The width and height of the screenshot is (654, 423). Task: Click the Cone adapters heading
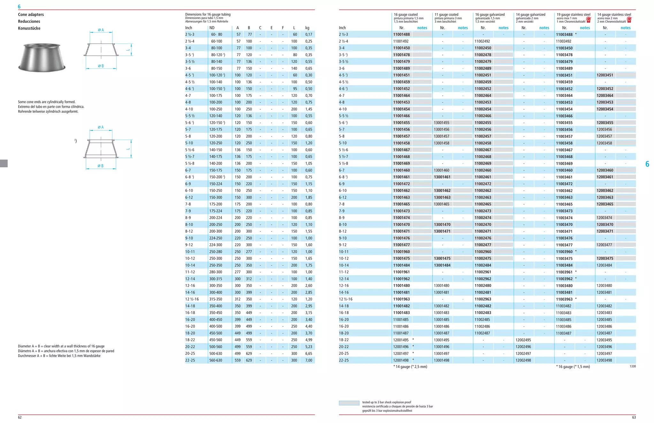tap(31, 14)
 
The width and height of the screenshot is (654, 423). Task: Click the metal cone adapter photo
tap(42, 58)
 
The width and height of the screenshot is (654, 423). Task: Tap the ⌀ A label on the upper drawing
tap(101, 30)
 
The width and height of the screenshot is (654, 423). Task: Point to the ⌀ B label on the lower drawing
tap(101, 166)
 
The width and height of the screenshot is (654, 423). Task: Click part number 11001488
tap(401, 35)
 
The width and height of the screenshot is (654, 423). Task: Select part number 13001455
tap(442, 123)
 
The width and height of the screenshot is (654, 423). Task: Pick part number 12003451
tap(605, 75)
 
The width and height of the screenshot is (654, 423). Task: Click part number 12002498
tap(523, 360)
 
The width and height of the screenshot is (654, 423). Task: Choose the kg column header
tap(307, 28)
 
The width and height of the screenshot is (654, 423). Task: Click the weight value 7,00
tap(308, 360)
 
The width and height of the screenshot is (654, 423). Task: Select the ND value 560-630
tap(216, 360)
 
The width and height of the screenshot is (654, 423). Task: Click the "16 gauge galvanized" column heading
tap(490, 15)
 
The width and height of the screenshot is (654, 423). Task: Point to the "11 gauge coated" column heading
tap(446, 15)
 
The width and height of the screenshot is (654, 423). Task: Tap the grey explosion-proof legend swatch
tap(349, 403)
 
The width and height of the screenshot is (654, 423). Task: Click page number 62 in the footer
tap(20, 417)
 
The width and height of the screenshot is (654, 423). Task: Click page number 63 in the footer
tap(634, 417)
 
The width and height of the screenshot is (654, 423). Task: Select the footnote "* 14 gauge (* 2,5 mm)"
tap(410, 367)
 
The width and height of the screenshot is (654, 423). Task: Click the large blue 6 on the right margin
tap(647, 164)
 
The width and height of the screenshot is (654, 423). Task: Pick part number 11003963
tap(564, 299)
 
